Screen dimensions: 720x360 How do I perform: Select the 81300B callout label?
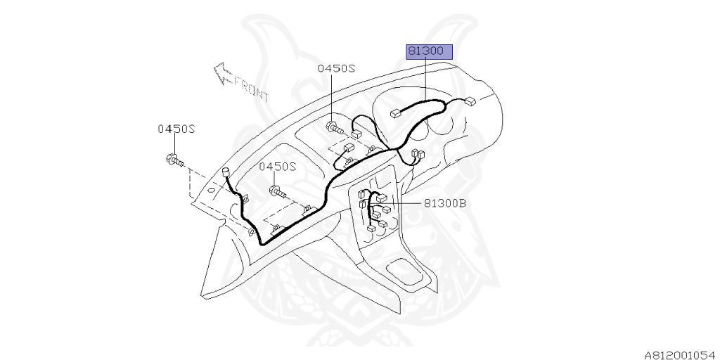click(444, 204)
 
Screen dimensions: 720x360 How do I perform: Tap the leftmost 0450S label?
click(175, 129)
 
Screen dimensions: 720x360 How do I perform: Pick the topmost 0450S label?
click(336, 68)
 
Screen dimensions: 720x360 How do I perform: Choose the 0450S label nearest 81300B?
click(278, 167)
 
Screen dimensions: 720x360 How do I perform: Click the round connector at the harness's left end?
click(227, 172)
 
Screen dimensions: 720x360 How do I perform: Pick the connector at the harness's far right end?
click(470, 101)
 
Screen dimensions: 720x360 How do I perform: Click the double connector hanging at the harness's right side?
click(417, 155)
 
